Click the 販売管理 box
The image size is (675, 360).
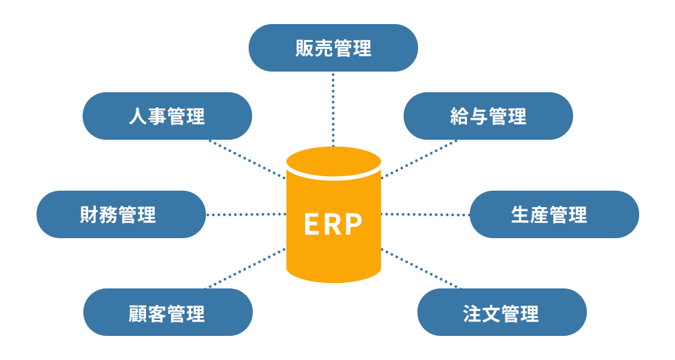(333, 48)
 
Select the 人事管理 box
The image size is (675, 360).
(167, 116)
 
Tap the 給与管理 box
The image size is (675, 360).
(488, 116)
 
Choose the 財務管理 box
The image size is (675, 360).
(121, 215)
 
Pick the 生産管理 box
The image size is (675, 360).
(554, 215)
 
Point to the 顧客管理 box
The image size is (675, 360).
(167, 313)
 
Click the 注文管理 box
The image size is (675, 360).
(501, 313)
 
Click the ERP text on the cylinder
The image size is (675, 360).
(333, 224)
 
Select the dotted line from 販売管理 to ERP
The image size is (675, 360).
(333, 108)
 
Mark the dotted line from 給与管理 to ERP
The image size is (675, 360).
(419, 159)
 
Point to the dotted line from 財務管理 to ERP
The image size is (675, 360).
(246, 215)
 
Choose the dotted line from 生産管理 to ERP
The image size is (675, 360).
(425, 215)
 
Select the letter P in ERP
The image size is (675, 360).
(354, 224)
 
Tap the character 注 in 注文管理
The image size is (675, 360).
(472, 313)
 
